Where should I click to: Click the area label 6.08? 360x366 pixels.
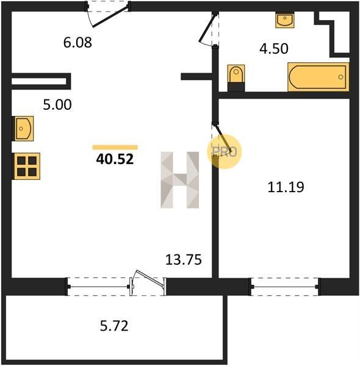pyautogui.click(x=77, y=43)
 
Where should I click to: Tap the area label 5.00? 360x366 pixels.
pyautogui.click(x=57, y=105)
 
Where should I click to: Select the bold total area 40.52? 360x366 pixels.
pyautogui.click(x=115, y=159)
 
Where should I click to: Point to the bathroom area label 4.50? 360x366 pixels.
pyautogui.click(x=274, y=49)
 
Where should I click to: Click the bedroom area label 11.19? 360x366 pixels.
pyautogui.click(x=286, y=187)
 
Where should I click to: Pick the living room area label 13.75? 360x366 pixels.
pyautogui.click(x=184, y=260)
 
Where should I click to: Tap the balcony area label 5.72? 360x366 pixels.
pyautogui.click(x=114, y=326)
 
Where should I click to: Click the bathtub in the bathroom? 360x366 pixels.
pyautogui.click(x=319, y=77)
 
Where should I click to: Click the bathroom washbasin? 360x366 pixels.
pyautogui.click(x=284, y=20)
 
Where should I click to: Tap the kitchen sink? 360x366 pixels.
pyautogui.click(x=23, y=128)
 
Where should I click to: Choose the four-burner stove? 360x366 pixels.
pyautogui.click(x=26, y=166)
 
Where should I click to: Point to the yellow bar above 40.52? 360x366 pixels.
pyautogui.click(x=115, y=147)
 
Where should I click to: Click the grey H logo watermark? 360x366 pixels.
pyautogui.click(x=180, y=180)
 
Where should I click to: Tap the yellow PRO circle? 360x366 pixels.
pyautogui.click(x=225, y=152)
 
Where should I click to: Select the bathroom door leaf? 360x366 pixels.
pyautogui.click(x=207, y=28)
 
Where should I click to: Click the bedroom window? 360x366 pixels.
pyautogui.click(x=285, y=287)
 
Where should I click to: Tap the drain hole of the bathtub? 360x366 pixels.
pyautogui.click(x=340, y=77)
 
